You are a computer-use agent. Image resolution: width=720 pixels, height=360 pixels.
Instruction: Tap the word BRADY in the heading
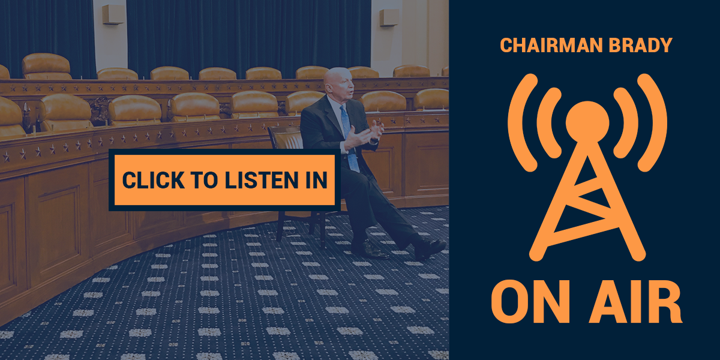pos(640,45)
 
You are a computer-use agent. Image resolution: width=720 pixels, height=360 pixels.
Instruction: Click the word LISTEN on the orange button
pos(262,180)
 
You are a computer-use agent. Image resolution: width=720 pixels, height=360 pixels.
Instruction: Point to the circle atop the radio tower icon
pos(587,122)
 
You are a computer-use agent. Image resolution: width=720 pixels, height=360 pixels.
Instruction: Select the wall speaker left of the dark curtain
pos(113,14)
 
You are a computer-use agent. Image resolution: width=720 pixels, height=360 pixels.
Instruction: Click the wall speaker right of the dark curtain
pos(389,17)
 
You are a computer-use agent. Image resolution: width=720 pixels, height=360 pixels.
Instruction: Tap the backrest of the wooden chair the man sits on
pos(286,137)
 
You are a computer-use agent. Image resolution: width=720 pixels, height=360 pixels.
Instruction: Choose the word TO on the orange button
pos(205,180)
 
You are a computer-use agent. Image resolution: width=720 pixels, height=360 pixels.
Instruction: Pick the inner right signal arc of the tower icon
pos(627,122)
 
